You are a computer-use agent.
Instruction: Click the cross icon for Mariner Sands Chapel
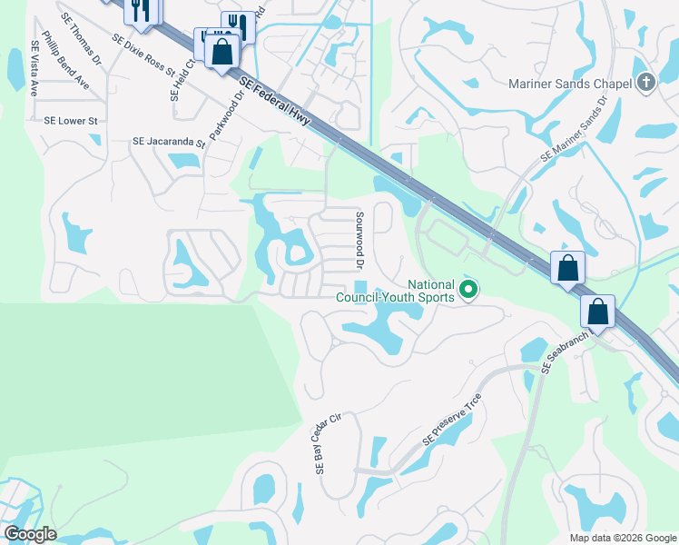(645, 82)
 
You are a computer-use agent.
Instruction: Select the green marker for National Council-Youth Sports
(468, 291)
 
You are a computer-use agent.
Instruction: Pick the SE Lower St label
(71, 120)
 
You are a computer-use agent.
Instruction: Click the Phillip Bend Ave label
(71, 63)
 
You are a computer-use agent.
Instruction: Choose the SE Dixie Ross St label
(143, 55)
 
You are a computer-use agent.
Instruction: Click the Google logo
(29, 534)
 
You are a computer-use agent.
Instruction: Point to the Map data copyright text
(622, 538)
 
